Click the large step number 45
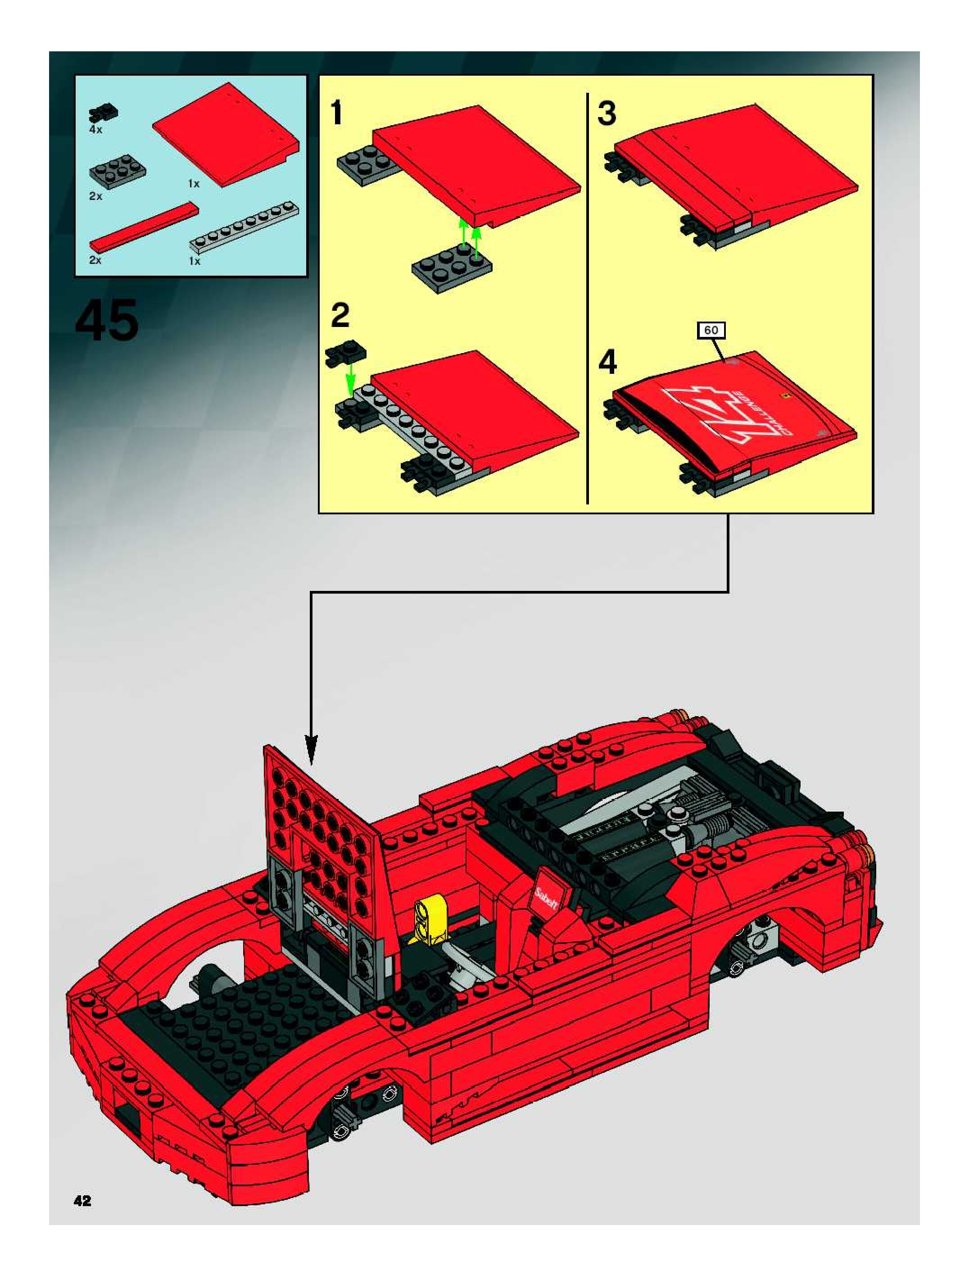point(107,320)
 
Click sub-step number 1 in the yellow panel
point(336,113)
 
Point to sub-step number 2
point(340,315)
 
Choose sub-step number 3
point(607,113)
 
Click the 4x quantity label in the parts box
point(95,130)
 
